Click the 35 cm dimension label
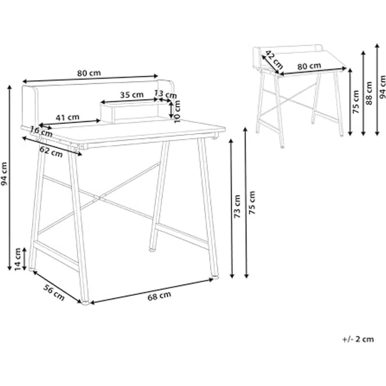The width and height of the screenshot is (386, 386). pos(132,95)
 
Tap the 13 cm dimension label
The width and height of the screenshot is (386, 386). pos(166,94)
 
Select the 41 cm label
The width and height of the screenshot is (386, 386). pos(68,117)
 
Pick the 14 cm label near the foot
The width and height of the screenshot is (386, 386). pos(18,259)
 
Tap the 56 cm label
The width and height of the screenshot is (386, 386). pos(53,292)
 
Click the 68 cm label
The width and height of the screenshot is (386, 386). pos(159,296)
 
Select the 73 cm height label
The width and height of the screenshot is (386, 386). pos(237,206)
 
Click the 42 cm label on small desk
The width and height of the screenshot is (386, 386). pos(273,60)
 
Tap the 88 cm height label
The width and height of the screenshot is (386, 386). pos(369,93)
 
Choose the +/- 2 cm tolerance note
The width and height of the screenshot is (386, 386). pos(358,339)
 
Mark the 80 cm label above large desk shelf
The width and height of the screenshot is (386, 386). pos(89,73)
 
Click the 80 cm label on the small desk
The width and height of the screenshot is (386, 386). pos(309,66)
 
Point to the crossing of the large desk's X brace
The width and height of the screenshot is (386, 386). pos(101,198)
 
